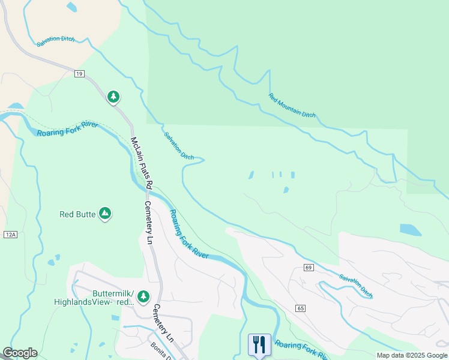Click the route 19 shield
click(79, 74)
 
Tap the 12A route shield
click(10, 234)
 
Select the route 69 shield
click(308, 267)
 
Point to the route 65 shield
click(300, 308)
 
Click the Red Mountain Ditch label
click(292, 106)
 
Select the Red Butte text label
click(77, 214)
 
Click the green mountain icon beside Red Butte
click(105, 214)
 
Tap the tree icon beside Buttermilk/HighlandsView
click(143, 296)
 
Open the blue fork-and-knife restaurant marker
click(259, 344)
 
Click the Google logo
click(20, 353)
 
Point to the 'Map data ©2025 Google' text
click(412, 355)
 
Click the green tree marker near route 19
click(113, 97)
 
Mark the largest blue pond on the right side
click(410, 229)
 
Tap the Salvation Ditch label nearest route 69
click(355, 286)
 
